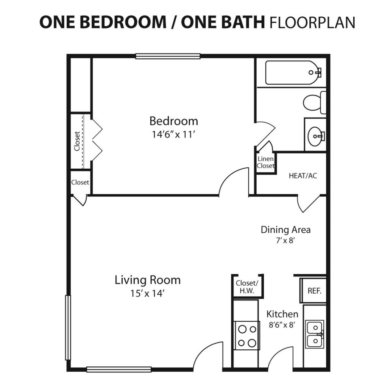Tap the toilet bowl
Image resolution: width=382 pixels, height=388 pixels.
coord(312,103)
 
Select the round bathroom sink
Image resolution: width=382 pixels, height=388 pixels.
coord(315,136)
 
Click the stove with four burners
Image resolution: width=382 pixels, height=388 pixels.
coord(247,336)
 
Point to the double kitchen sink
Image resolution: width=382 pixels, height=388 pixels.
coord(315,334)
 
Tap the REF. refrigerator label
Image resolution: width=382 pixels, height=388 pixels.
coord(315,291)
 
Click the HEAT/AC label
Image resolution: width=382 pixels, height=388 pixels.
coord(303,176)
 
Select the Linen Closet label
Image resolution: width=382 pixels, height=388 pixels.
coord(265,162)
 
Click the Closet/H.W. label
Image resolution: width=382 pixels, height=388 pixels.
coord(247,287)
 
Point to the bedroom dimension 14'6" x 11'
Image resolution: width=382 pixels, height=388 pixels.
coord(173,135)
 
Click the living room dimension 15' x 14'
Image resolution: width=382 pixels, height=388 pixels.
coord(148,294)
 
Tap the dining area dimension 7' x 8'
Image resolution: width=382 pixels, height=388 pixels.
coord(285,240)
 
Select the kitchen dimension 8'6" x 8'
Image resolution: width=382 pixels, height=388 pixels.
coord(282,325)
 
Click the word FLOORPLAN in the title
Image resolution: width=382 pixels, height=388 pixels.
coord(312,22)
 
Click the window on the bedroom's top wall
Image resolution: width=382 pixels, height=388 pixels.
coord(168,56)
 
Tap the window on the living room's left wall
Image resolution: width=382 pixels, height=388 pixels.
coord(68,327)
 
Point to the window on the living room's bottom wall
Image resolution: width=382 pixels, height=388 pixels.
coord(119,369)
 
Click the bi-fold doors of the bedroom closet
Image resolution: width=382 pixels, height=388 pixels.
coord(97,140)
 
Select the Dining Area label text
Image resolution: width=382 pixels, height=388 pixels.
coord(285,230)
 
